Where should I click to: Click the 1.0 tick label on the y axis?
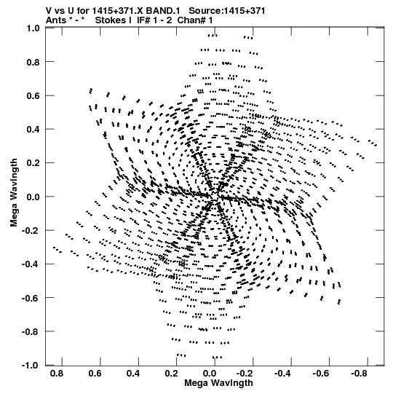click(x=33, y=28)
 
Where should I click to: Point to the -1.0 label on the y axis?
click(x=31, y=365)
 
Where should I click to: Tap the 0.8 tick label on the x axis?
click(x=57, y=374)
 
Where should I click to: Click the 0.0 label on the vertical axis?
click(x=33, y=197)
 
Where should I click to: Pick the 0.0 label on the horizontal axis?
click(x=210, y=374)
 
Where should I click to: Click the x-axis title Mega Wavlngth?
click(x=218, y=383)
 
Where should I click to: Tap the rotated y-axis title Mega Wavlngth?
click(x=14, y=192)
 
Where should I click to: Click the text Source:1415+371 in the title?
click(x=227, y=11)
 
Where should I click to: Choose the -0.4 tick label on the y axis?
click(x=31, y=264)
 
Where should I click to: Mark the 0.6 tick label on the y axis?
click(x=33, y=95)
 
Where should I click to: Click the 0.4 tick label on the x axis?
click(x=133, y=374)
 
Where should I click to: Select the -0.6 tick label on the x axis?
click(x=322, y=374)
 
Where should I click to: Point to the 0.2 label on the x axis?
click(x=171, y=374)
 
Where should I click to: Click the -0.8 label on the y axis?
click(x=31, y=331)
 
